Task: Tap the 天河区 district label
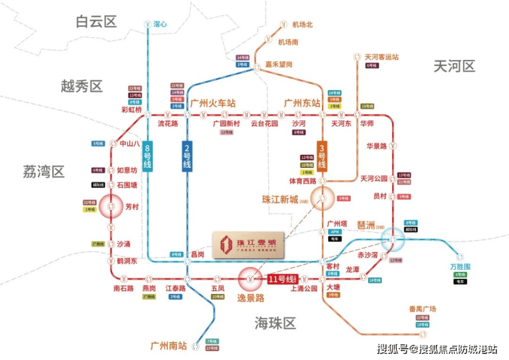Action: (x=455, y=66)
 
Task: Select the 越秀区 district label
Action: (x=81, y=86)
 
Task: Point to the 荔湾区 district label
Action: (x=43, y=171)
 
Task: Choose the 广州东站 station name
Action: (x=303, y=103)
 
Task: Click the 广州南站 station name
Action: (x=169, y=344)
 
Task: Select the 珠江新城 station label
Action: (x=281, y=200)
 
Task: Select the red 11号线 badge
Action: (x=280, y=279)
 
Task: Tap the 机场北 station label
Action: (x=303, y=25)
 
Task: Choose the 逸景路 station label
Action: (x=250, y=298)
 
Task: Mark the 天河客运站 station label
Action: (x=382, y=56)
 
